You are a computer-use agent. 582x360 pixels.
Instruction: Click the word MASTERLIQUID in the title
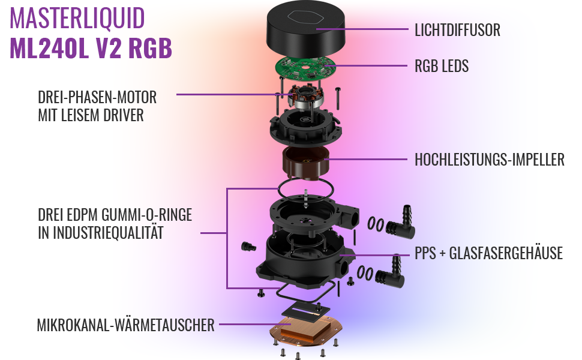click(x=77, y=19)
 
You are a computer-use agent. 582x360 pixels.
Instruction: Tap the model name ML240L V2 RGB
click(x=91, y=49)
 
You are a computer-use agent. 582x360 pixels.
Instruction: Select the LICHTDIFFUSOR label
click(x=457, y=29)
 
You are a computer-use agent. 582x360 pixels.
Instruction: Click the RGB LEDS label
click(x=442, y=66)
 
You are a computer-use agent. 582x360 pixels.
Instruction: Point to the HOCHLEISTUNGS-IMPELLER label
click(x=489, y=160)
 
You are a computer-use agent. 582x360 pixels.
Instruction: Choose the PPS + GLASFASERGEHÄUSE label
click(x=488, y=253)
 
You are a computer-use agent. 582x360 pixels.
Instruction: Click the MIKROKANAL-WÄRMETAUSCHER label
click(x=125, y=326)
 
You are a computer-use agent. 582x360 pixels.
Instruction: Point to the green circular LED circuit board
click(x=306, y=70)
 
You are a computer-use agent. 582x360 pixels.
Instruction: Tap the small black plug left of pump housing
click(x=246, y=247)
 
